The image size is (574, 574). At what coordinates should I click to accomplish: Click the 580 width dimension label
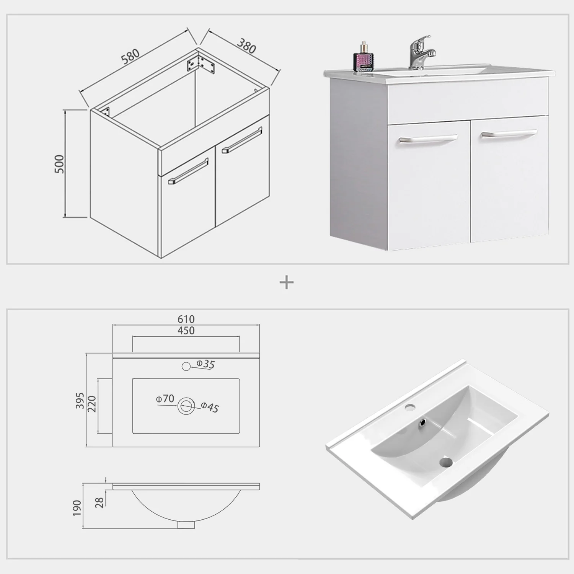pyautogui.click(x=130, y=56)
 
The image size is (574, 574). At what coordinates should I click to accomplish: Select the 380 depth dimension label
pyautogui.click(x=246, y=46)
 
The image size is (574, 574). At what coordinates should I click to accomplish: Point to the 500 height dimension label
pyautogui.click(x=60, y=164)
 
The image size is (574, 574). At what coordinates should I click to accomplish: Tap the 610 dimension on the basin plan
pyautogui.click(x=186, y=319)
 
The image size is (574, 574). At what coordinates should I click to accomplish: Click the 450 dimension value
pyautogui.click(x=186, y=331)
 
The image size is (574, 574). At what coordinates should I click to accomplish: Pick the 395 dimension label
pyautogui.click(x=80, y=400)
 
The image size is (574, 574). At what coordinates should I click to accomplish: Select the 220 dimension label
pyautogui.click(x=92, y=404)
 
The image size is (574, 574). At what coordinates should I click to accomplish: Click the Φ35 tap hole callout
pyautogui.click(x=205, y=364)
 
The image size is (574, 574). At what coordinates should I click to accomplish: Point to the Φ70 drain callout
pyautogui.click(x=165, y=399)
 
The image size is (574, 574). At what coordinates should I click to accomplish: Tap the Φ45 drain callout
pyautogui.click(x=210, y=407)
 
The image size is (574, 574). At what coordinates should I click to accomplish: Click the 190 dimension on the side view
pyautogui.click(x=77, y=508)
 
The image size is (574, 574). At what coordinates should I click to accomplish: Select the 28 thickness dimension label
pyautogui.click(x=99, y=502)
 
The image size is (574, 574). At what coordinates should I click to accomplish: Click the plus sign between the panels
pyautogui.click(x=287, y=283)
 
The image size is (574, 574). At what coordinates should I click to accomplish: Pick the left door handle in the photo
pyautogui.click(x=429, y=138)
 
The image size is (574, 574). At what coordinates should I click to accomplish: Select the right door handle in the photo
pyautogui.click(x=509, y=134)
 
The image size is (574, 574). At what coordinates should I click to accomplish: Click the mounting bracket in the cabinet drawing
pyautogui.click(x=201, y=64)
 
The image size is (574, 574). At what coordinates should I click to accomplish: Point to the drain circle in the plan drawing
pyautogui.click(x=186, y=406)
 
